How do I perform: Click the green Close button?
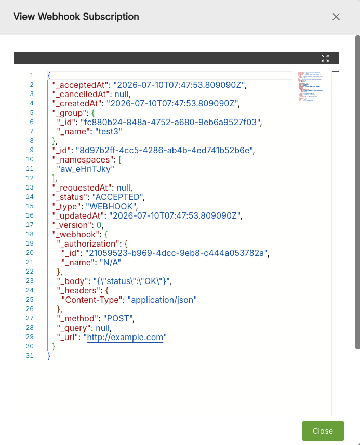(x=323, y=431)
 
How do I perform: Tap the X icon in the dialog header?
(x=336, y=17)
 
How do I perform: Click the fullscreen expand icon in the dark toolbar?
(x=325, y=58)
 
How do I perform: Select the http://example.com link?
(x=125, y=337)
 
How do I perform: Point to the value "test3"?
(x=109, y=132)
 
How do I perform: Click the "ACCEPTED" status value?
(x=117, y=197)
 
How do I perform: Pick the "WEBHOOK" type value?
(x=111, y=206)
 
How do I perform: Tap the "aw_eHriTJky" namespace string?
(x=86, y=169)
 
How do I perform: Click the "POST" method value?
(x=118, y=318)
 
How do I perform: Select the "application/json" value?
(x=162, y=300)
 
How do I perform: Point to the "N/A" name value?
(x=110, y=263)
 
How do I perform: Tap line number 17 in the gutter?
(x=30, y=225)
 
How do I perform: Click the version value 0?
(x=99, y=225)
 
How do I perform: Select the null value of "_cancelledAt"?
(x=121, y=94)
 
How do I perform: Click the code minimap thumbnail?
(x=310, y=86)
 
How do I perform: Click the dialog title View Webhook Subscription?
(x=76, y=17)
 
